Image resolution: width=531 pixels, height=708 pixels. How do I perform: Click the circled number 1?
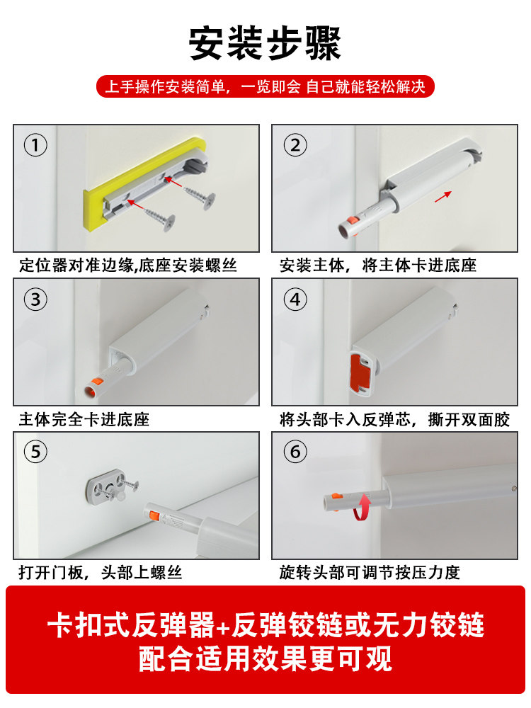[35, 145]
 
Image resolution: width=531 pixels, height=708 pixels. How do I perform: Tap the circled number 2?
[295, 145]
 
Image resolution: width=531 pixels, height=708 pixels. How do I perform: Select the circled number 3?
[35, 299]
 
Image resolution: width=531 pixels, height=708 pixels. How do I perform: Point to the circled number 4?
[295, 299]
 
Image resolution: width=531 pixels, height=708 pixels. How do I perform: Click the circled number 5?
[35, 452]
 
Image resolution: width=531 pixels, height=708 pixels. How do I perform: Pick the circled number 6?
[295, 452]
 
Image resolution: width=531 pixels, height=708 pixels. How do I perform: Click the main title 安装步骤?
[265, 43]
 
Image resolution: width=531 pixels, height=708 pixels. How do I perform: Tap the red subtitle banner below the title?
[265, 86]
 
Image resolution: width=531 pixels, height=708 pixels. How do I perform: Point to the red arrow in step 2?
[443, 196]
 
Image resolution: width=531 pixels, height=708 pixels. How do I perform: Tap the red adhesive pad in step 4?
[361, 372]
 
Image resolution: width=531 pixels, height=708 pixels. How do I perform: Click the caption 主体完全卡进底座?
[84, 419]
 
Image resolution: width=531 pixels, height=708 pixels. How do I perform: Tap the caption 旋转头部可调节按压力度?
[370, 573]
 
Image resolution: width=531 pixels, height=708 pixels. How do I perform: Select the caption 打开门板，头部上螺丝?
[101, 573]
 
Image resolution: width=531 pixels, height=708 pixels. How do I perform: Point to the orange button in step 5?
[153, 515]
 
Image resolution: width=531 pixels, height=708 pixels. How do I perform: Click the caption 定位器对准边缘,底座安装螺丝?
[127, 265]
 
